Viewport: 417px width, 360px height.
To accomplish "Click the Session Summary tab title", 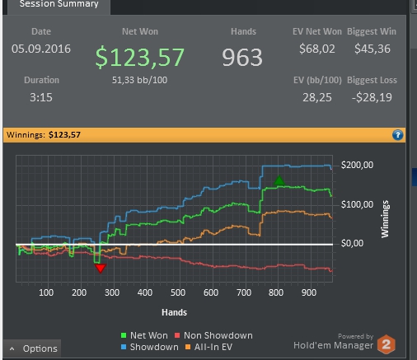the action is [59, 3].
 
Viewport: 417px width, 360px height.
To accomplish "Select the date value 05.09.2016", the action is [41, 49].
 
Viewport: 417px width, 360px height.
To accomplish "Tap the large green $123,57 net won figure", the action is [140, 57].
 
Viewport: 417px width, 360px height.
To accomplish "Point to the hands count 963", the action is [242, 57].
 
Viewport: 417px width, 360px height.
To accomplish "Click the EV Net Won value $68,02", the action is [317, 49].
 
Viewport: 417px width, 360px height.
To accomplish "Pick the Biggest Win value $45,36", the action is [372, 49].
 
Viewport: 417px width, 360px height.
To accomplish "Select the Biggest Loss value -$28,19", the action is [372, 97].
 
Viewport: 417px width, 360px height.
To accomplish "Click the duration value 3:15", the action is [41, 97].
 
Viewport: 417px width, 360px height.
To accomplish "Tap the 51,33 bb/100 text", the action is [139, 80].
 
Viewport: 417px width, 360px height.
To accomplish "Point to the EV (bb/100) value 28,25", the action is [317, 97].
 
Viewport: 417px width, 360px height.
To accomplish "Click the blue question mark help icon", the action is [397, 135].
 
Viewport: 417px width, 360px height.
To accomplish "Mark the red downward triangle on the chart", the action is [101, 269].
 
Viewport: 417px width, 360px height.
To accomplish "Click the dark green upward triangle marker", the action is [279, 180].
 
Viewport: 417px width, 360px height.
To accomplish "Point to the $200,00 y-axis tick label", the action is [357, 165].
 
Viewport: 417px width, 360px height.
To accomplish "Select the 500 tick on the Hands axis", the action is [178, 292].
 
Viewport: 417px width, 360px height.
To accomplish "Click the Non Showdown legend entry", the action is [213, 335].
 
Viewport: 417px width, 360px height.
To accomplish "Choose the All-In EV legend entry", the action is [209, 347].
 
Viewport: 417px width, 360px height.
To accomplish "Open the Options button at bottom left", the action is [33, 348].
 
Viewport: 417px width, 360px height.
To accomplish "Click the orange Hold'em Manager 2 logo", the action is [387, 344].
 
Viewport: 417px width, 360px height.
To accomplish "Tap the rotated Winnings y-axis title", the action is [385, 219].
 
